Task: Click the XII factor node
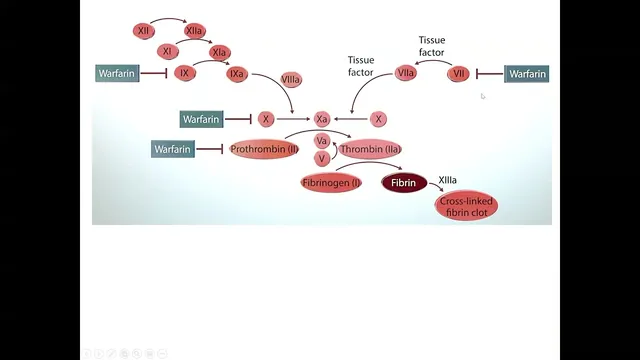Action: [x=144, y=31]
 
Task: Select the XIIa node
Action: [x=194, y=31]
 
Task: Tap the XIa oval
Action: [x=220, y=53]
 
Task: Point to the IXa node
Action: [x=237, y=74]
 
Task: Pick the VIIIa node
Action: [x=291, y=80]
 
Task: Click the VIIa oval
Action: [x=405, y=73]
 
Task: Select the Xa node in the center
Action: [x=322, y=119]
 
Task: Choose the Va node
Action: [x=322, y=141]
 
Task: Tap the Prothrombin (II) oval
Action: [x=264, y=149]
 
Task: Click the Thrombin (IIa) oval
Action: [x=370, y=149]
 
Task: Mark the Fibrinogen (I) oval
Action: [x=331, y=183]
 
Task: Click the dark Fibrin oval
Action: [x=404, y=183]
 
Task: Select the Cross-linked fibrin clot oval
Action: [x=466, y=206]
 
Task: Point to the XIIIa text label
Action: [x=447, y=180]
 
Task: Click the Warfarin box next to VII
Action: [x=527, y=74]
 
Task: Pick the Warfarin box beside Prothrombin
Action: [x=173, y=149]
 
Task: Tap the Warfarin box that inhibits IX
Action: [x=117, y=73]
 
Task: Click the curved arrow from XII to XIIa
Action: [x=168, y=19]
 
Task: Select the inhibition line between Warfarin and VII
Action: [x=490, y=74]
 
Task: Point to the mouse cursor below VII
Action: [x=483, y=96]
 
